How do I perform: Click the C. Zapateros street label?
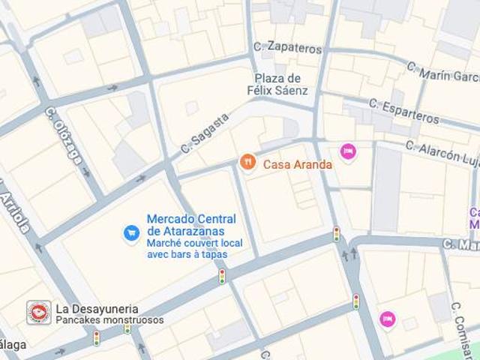click(x=288, y=47)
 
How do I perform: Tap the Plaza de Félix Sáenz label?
click(x=277, y=85)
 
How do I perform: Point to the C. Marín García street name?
click(x=442, y=73)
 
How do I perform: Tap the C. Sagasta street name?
click(x=205, y=134)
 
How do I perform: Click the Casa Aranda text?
click(x=298, y=163)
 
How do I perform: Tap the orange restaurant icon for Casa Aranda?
click(x=247, y=162)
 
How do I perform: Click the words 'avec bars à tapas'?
click(x=187, y=255)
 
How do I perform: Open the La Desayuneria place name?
click(x=97, y=308)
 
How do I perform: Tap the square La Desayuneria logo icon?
click(x=39, y=313)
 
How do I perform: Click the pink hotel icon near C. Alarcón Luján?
click(x=348, y=151)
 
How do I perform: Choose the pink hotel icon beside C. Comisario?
click(x=387, y=319)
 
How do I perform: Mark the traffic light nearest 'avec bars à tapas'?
click(x=222, y=276)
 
